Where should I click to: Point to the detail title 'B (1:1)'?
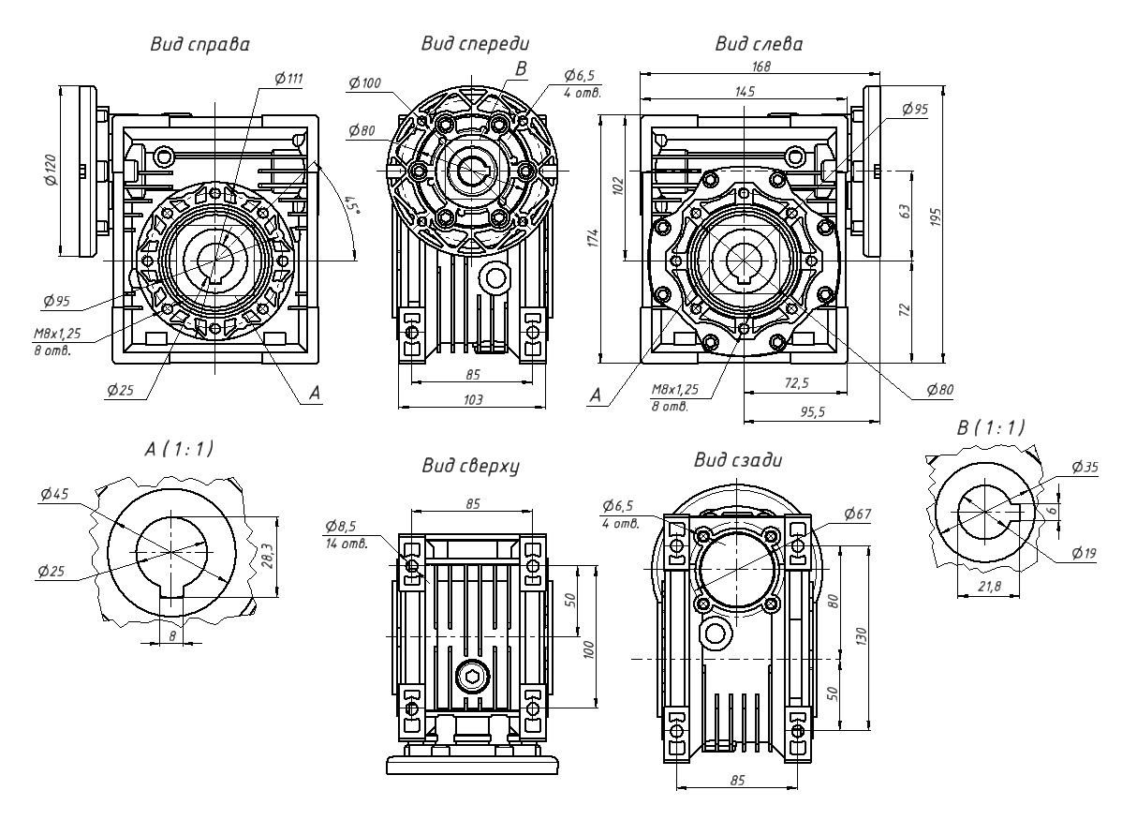coord(990,427)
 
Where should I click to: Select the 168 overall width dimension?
coord(760,66)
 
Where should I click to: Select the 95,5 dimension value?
coord(811,410)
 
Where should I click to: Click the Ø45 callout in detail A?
coord(54,497)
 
